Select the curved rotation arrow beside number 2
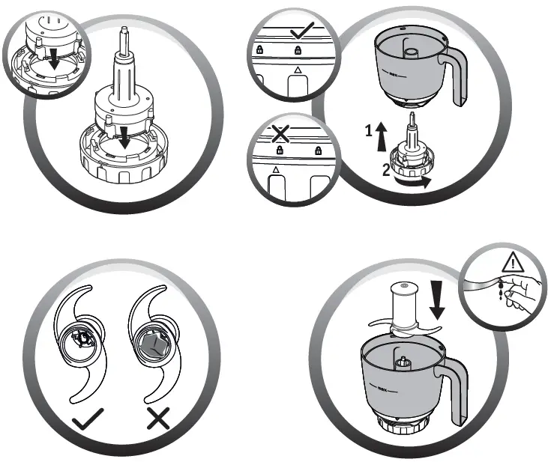(x=415, y=180)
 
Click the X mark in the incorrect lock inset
(x=280, y=133)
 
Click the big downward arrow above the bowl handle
(x=439, y=299)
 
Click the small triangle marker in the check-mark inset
(x=298, y=70)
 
